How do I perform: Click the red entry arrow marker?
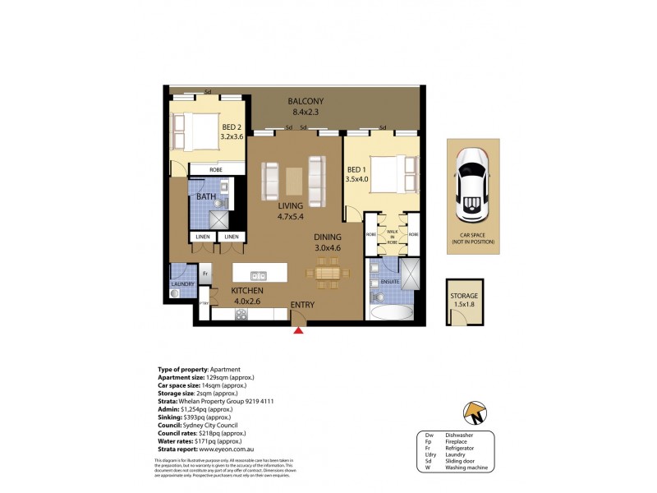[298, 330]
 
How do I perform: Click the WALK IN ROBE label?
[392, 237]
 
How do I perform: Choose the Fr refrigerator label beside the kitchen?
[205, 272]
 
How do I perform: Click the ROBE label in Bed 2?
[217, 169]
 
